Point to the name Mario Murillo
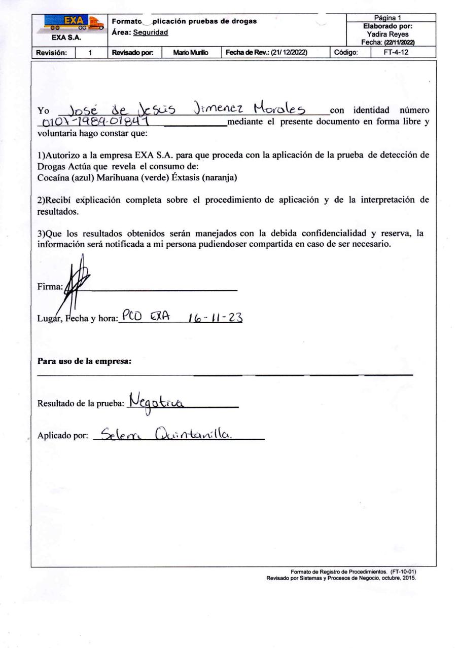click(x=191, y=52)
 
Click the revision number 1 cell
click(x=90, y=52)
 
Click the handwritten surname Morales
click(x=280, y=108)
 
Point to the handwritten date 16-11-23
click(x=216, y=318)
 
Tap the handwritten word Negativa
click(x=157, y=402)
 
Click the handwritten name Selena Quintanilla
click(x=166, y=434)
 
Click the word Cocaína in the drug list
click(x=53, y=178)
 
